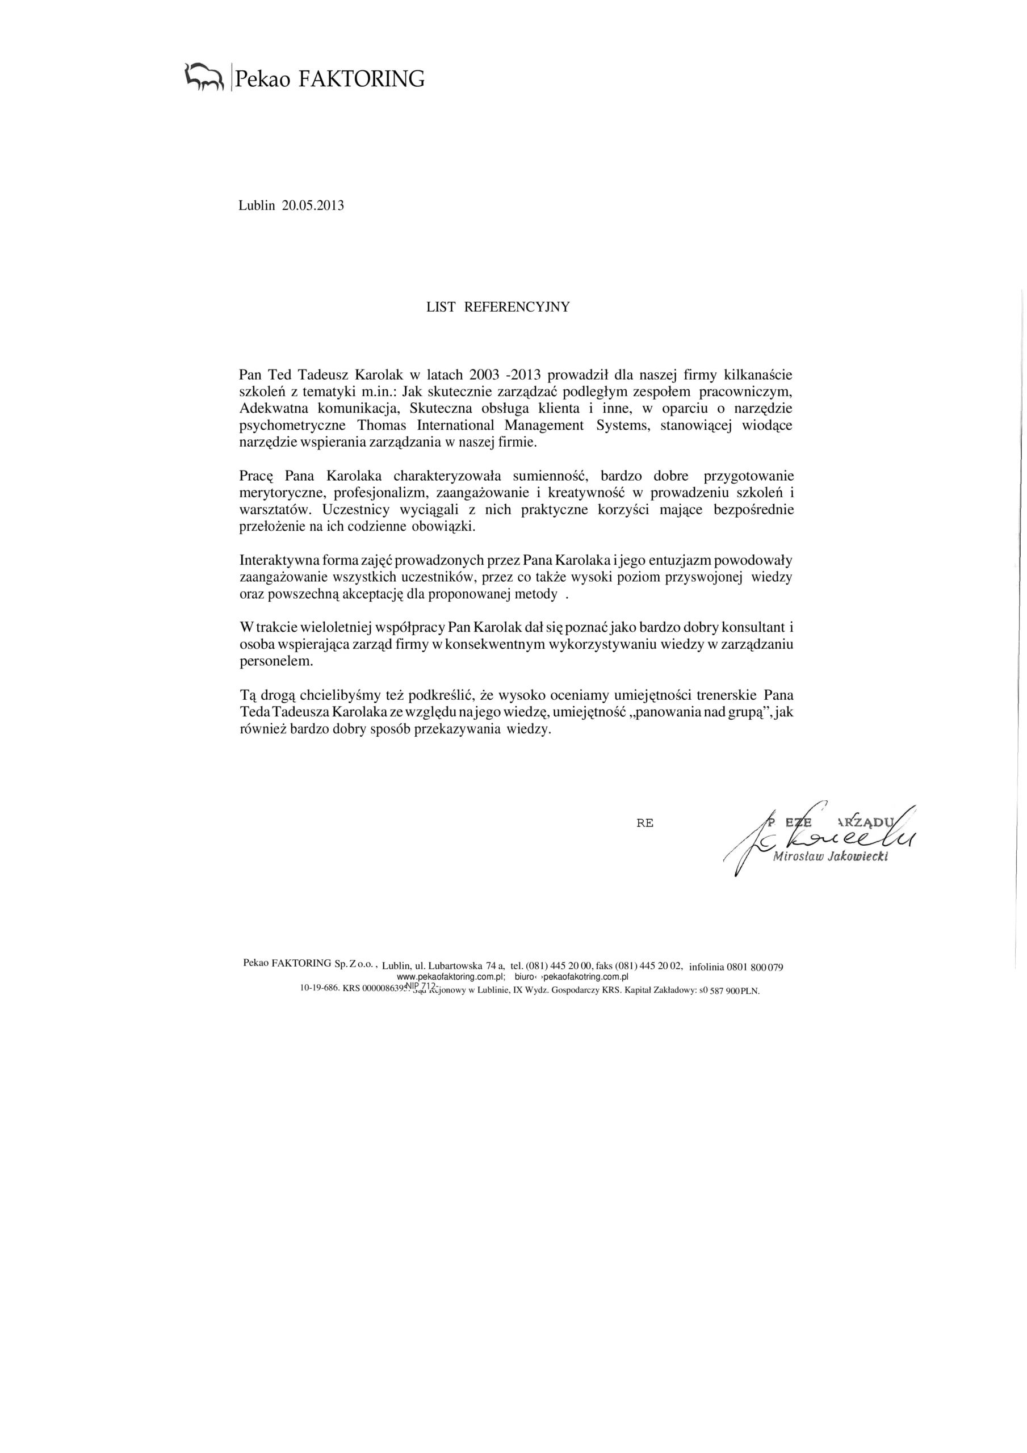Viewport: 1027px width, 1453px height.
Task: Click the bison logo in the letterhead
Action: [204, 77]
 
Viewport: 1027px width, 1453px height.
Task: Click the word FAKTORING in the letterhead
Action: [361, 79]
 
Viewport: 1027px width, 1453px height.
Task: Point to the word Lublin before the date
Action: [257, 205]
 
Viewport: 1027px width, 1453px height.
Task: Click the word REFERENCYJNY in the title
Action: [517, 307]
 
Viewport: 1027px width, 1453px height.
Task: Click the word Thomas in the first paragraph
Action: [382, 425]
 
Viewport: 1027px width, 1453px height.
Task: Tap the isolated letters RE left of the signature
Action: [644, 824]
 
